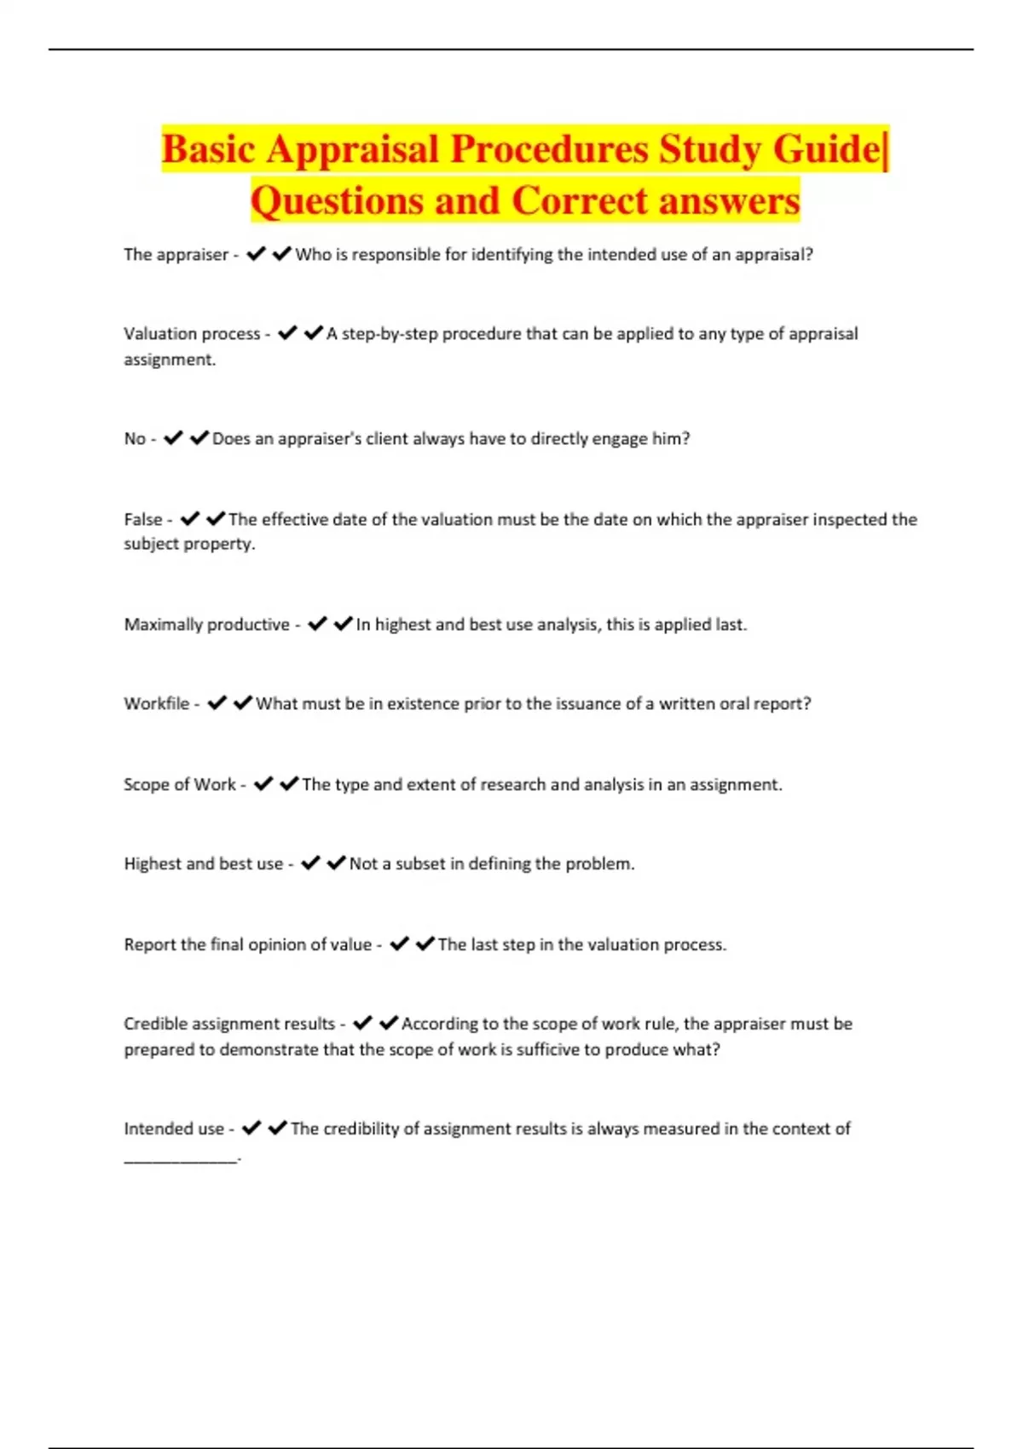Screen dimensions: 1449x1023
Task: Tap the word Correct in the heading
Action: tap(580, 202)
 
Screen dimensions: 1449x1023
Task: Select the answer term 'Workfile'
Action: tap(157, 704)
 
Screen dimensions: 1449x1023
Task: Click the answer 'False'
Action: tap(142, 519)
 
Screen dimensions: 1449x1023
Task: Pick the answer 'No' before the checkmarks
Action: tap(135, 439)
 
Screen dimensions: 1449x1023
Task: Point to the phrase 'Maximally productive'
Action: tap(206, 625)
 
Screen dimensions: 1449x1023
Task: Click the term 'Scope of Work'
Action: tap(179, 784)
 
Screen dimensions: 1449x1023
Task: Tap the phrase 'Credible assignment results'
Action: tap(229, 1024)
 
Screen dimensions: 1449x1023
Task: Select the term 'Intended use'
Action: tap(174, 1129)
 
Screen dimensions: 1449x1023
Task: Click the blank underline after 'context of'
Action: tap(181, 1158)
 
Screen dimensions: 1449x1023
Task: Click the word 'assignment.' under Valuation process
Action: tap(170, 360)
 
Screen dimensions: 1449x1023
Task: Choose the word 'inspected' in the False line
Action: tap(849, 519)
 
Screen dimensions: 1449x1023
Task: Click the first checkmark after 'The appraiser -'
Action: tap(256, 254)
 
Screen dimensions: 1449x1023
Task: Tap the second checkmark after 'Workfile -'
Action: tap(243, 703)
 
